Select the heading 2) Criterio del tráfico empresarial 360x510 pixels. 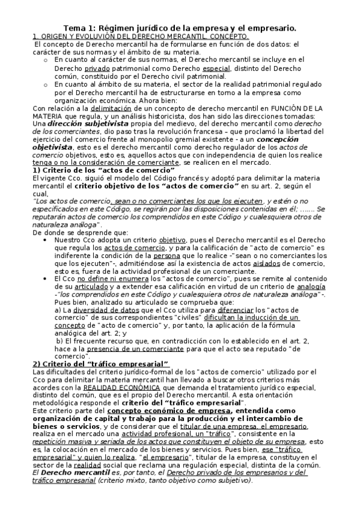pyautogui.click(x=100, y=365)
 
